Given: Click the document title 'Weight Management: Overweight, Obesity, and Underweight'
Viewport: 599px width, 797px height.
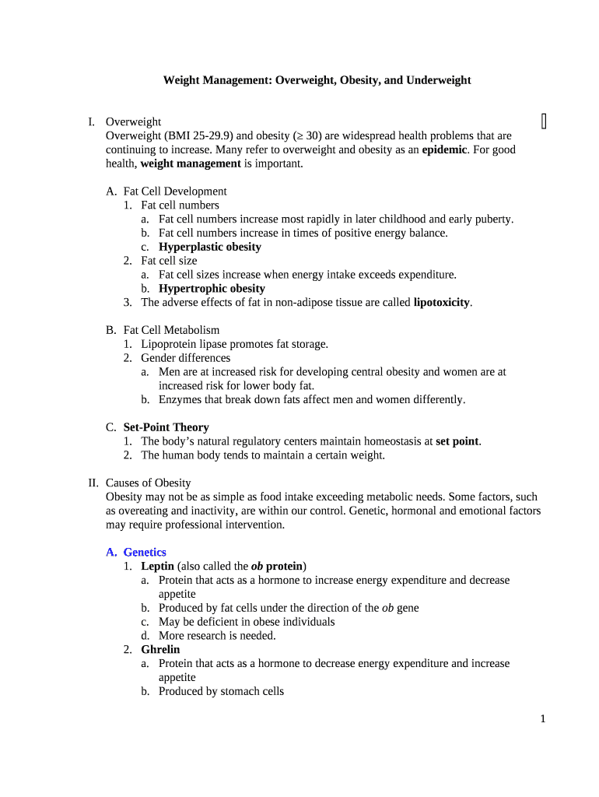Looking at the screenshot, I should pos(317,80).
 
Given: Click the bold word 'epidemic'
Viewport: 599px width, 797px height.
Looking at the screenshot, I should pos(444,149).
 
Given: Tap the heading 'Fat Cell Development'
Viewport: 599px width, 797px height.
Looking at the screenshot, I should pos(175,191).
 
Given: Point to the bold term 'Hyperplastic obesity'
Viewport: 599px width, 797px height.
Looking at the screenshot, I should pos(210,247).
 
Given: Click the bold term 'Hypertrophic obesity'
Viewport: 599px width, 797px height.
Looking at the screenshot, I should pos(212,289).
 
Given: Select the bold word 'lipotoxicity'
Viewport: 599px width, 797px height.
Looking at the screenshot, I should pos(441,303).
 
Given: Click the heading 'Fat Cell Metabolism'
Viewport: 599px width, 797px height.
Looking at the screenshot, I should pos(171,330).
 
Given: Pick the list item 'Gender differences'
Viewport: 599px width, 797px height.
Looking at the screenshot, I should pos(186,358).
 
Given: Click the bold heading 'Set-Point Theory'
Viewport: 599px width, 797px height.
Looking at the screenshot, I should pos(166,427).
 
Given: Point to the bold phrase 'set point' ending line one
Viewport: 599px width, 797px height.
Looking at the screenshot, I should pos(457,441).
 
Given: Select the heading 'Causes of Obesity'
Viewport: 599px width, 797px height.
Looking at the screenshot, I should pos(148,483).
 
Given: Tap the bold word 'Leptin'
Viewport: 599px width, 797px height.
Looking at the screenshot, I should pos(157,567).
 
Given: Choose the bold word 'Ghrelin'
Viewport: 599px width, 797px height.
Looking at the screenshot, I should pos(160,650).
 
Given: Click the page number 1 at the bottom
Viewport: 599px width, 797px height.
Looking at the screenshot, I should pos(543,719).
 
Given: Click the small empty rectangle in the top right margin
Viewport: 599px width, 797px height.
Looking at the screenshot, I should pos(544,121).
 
